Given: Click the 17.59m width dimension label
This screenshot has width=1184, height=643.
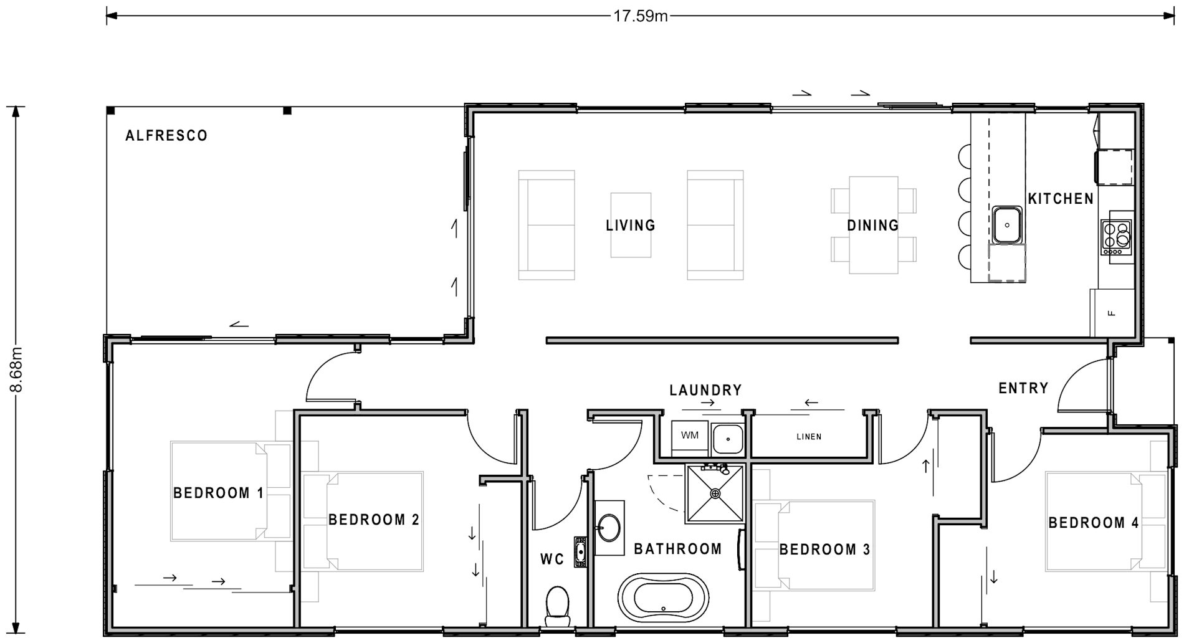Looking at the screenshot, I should tap(640, 16).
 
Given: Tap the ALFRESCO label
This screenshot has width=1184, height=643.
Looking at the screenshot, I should tap(166, 136).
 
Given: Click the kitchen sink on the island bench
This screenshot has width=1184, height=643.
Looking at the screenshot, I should tap(1006, 225).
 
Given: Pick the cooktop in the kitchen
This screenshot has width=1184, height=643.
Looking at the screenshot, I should tap(1116, 237).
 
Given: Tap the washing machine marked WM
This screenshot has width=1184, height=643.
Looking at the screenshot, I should tap(689, 436).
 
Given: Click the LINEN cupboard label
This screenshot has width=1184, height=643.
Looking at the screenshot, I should tap(809, 437).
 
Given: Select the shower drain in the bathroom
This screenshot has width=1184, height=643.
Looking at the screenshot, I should tap(715, 493).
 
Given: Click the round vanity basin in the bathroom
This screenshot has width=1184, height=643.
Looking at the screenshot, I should tap(609, 529).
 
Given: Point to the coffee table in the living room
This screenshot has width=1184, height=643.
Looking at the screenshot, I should tap(631, 225).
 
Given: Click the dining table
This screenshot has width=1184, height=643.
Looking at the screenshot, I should tap(873, 225).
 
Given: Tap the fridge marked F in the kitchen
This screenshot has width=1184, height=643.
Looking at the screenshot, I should tap(1111, 313).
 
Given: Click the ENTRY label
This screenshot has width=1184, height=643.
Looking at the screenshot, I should tap(1023, 388).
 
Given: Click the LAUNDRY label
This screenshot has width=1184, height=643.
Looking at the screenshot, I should tap(705, 390).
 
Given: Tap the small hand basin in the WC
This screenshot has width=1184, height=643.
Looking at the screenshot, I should tap(580, 551).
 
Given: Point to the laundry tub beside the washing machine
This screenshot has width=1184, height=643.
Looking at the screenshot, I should tap(727, 438).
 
